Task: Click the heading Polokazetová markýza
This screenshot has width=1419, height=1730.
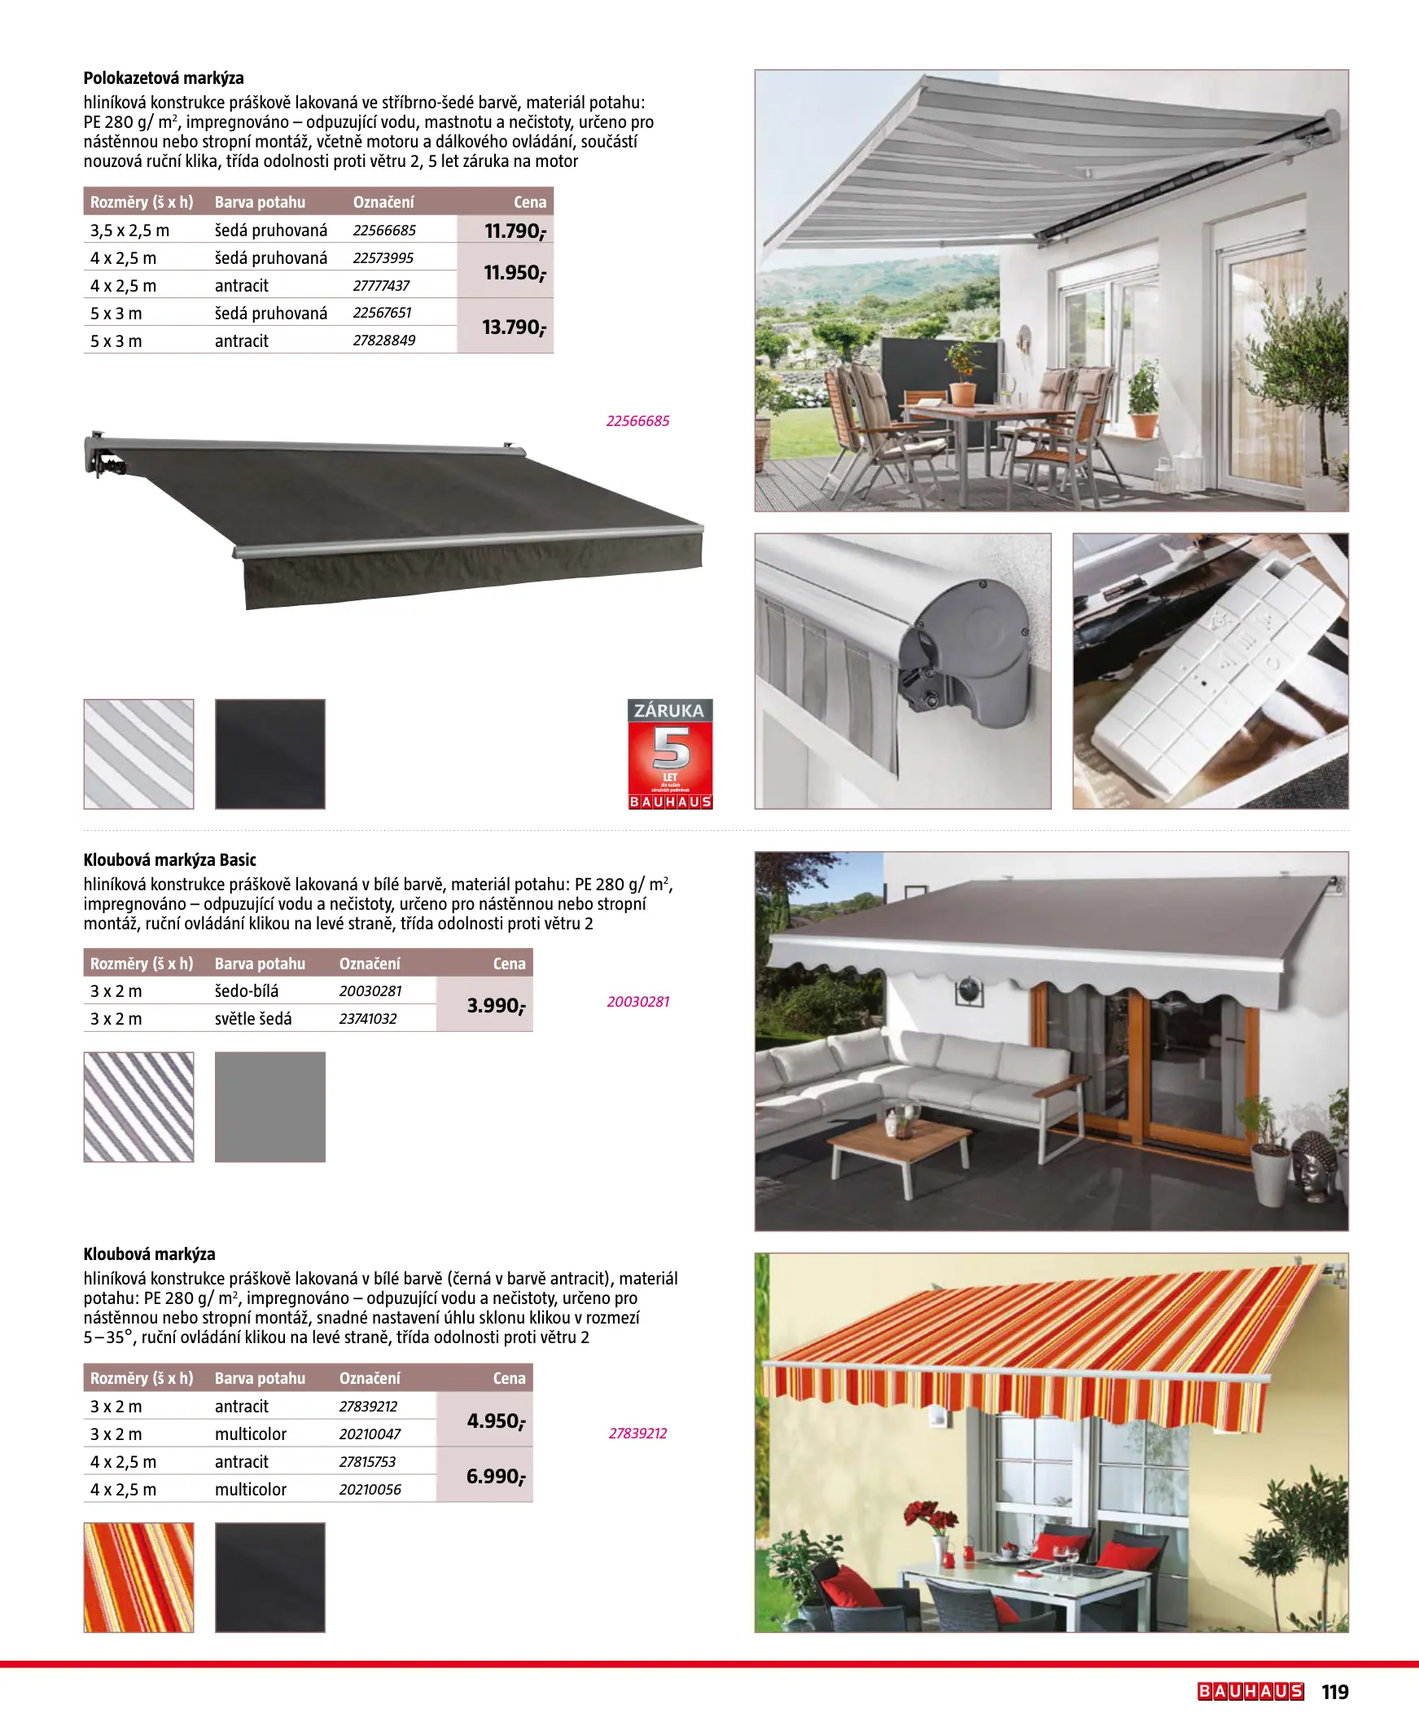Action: pyautogui.click(x=164, y=78)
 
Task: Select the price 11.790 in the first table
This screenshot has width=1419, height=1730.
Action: pyautogui.click(x=515, y=231)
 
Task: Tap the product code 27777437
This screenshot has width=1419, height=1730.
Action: pyautogui.click(x=381, y=286)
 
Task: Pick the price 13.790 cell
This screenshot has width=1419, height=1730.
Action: pyautogui.click(x=514, y=328)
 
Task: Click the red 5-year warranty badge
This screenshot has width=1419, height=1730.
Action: pyautogui.click(x=669, y=753)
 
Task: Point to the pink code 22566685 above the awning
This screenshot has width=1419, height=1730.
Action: pyautogui.click(x=637, y=422)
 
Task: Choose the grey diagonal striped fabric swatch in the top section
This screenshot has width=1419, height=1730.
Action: pyautogui.click(x=139, y=753)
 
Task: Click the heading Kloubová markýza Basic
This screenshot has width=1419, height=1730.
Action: pyautogui.click(x=170, y=860)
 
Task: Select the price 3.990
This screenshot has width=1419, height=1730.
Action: pyautogui.click(x=495, y=1006)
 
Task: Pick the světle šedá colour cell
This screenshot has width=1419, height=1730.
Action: pyautogui.click(x=253, y=1020)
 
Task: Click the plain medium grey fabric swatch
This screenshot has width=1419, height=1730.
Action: pyautogui.click(x=269, y=1107)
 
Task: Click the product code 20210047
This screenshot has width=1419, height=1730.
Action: pyautogui.click(x=370, y=1434)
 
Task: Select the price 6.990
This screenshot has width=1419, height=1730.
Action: pyautogui.click(x=495, y=1477)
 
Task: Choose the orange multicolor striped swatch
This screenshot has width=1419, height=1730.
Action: pyautogui.click(x=139, y=1577)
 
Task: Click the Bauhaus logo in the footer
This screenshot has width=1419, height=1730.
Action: pyautogui.click(x=1250, y=1692)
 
